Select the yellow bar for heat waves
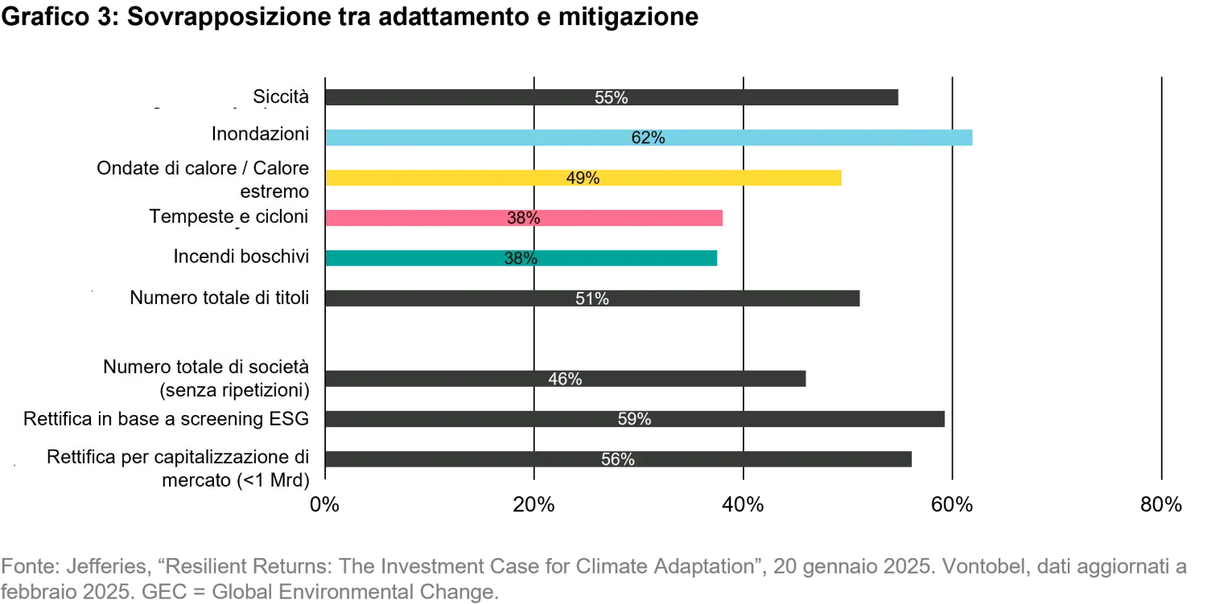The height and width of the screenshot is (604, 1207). [x=708, y=178]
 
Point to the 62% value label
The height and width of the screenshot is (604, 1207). [x=648, y=138]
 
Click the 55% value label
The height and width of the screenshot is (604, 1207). [x=611, y=98]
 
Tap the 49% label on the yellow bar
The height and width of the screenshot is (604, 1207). [x=583, y=179]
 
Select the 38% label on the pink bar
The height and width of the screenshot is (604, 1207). [x=523, y=219]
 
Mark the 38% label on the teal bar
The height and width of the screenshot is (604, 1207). [x=520, y=259]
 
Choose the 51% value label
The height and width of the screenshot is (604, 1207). [x=591, y=299]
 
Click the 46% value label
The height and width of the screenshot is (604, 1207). [x=565, y=380]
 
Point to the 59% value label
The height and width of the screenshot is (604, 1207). [x=634, y=420]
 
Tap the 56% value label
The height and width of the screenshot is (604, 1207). [x=618, y=460]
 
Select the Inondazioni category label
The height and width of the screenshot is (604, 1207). [x=260, y=134]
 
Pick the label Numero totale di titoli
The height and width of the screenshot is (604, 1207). [x=219, y=298]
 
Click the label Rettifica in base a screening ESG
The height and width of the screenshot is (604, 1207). [x=166, y=419]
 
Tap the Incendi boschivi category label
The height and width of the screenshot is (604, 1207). [x=241, y=257]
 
